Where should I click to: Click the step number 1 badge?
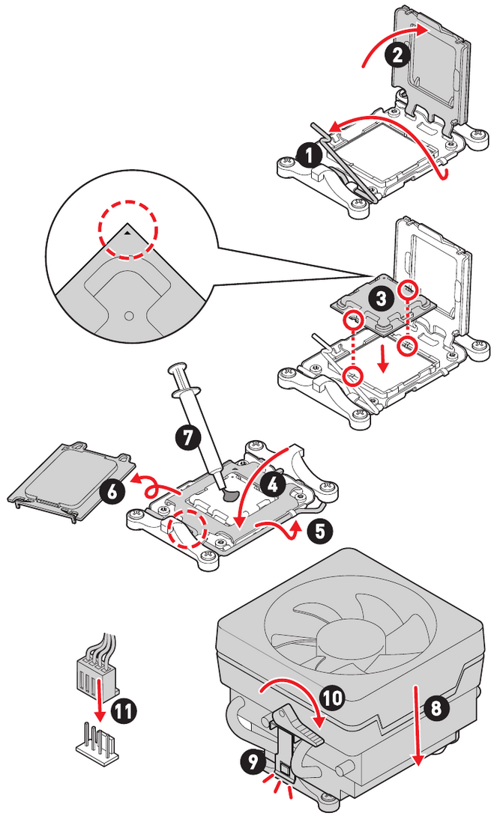click(308, 155)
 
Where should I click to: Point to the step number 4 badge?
click(274, 484)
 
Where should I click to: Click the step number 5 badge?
click(319, 532)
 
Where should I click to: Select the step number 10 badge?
click(333, 698)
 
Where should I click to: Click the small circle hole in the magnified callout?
click(128, 315)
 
